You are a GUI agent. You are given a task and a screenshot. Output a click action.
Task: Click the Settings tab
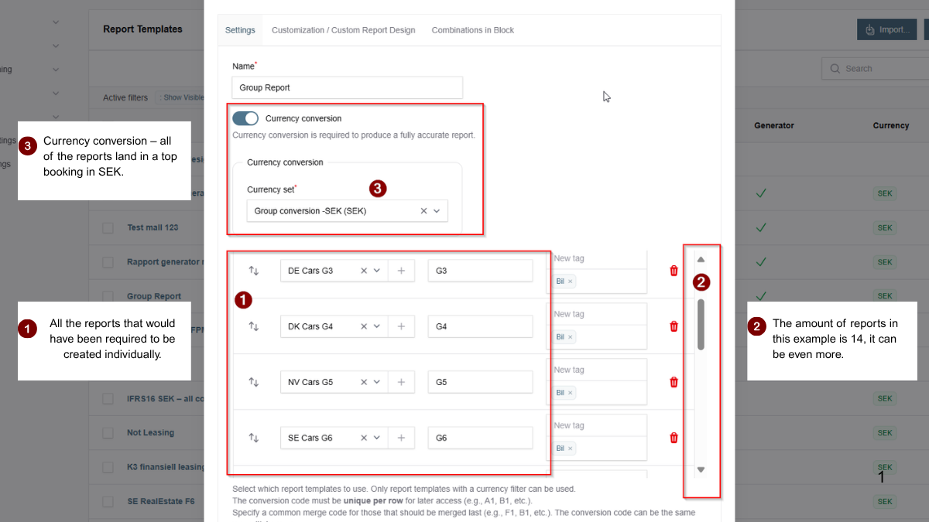click(240, 30)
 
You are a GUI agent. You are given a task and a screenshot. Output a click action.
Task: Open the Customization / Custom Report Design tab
click(343, 30)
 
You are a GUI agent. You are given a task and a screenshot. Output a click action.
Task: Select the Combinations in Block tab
click(472, 30)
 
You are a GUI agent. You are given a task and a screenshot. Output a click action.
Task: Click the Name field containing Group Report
click(347, 87)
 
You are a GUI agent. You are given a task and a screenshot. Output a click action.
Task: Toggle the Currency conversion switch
click(245, 118)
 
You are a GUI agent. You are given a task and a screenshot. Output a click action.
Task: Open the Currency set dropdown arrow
click(437, 210)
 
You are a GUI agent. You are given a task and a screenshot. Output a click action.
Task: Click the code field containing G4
click(480, 326)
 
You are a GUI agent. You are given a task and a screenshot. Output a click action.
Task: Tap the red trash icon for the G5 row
click(674, 382)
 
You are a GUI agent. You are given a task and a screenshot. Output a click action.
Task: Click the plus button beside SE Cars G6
click(401, 438)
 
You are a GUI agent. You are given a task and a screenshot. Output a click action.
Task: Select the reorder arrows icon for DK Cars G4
click(253, 326)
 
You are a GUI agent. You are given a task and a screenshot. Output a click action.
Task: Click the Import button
click(886, 29)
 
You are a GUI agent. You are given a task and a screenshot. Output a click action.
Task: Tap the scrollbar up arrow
click(701, 260)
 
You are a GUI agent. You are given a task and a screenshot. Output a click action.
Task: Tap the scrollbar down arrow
click(701, 469)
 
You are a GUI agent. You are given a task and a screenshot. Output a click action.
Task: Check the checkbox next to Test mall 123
click(108, 228)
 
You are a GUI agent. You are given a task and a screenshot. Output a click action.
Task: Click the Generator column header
click(773, 125)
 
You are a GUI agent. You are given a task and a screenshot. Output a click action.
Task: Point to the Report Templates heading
click(142, 29)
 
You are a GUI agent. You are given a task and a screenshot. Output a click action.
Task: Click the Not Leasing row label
click(150, 433)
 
